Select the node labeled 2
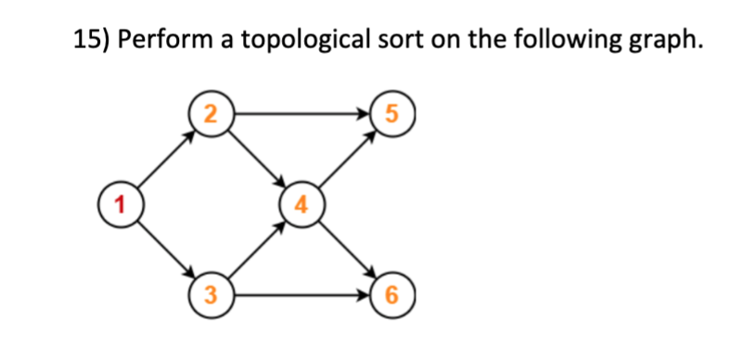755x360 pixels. pyautogui.click(x=211, y=115)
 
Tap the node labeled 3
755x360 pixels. pyautogui.click(x=211, y=297)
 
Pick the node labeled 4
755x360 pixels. pyautogui.click(x=301, y=203)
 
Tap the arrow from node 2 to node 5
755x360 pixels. pyautogui.click(x=300, y=115)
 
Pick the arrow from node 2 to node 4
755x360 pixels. pyautogui.click(x=256, y=159)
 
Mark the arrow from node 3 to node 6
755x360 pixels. pyautogui.click(x=300, y=297)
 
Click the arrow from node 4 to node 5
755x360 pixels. pyautogui.click(x=345, y=159)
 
